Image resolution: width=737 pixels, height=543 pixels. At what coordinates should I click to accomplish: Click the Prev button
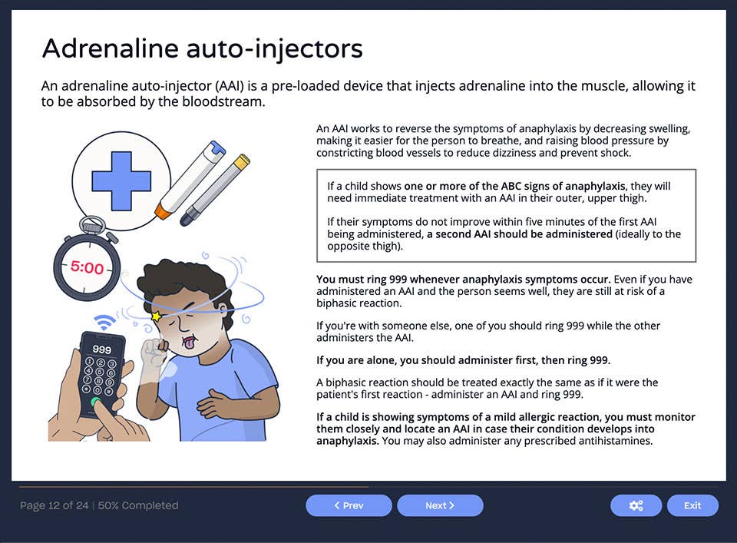[x=349, y=505]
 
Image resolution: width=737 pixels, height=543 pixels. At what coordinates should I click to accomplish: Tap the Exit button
[x=692, y=505]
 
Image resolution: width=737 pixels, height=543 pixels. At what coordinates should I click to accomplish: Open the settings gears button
[x=636, y=505]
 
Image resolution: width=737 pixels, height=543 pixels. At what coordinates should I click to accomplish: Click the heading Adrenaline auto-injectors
[x=202, y=48]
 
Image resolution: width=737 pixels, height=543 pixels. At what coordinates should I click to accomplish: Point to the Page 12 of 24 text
[x=54, y=505]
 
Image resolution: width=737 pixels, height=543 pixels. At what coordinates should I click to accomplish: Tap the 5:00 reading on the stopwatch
[x=87, y=267]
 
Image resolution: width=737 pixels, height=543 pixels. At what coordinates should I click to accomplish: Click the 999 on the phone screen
[x=102, y=348]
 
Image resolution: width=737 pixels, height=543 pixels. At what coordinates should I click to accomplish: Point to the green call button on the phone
[x=95, y=402]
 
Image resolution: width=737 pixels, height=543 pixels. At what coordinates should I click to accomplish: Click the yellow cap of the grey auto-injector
[x=241, y=162]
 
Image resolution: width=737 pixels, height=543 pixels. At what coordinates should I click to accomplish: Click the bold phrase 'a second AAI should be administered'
[x=520, y=234]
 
